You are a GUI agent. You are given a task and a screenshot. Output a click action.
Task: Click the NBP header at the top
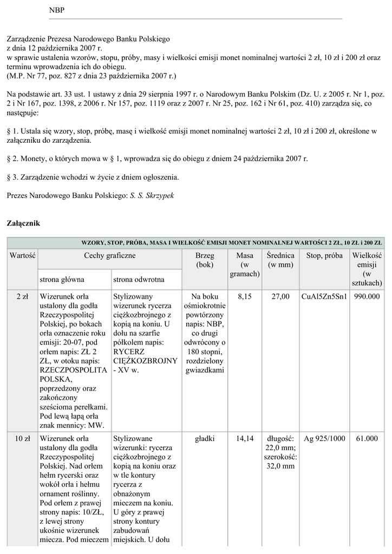56,10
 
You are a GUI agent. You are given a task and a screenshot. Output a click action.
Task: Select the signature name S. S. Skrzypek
152,194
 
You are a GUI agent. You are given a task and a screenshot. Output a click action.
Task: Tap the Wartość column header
22,255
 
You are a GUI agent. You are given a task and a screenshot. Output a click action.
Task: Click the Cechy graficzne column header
109,255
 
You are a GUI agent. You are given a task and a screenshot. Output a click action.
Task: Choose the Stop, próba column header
324,255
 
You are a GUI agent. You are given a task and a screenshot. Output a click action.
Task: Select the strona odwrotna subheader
139,279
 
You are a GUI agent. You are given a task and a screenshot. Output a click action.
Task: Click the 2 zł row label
22,296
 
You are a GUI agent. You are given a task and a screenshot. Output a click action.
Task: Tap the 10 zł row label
22,438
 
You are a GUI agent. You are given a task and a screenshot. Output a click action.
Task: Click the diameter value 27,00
280,296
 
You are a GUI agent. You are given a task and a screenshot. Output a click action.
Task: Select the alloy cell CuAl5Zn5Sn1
324,296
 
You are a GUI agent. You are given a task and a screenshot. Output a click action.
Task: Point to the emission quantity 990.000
367,296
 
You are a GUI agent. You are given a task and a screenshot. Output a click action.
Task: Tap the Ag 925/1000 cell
324,438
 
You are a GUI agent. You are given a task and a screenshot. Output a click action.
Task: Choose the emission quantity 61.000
367,438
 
